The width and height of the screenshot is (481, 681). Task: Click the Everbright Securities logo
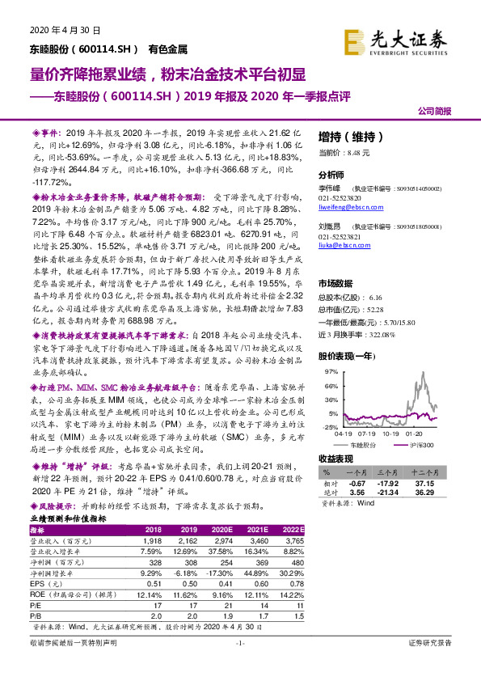(x=406, y=38)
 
